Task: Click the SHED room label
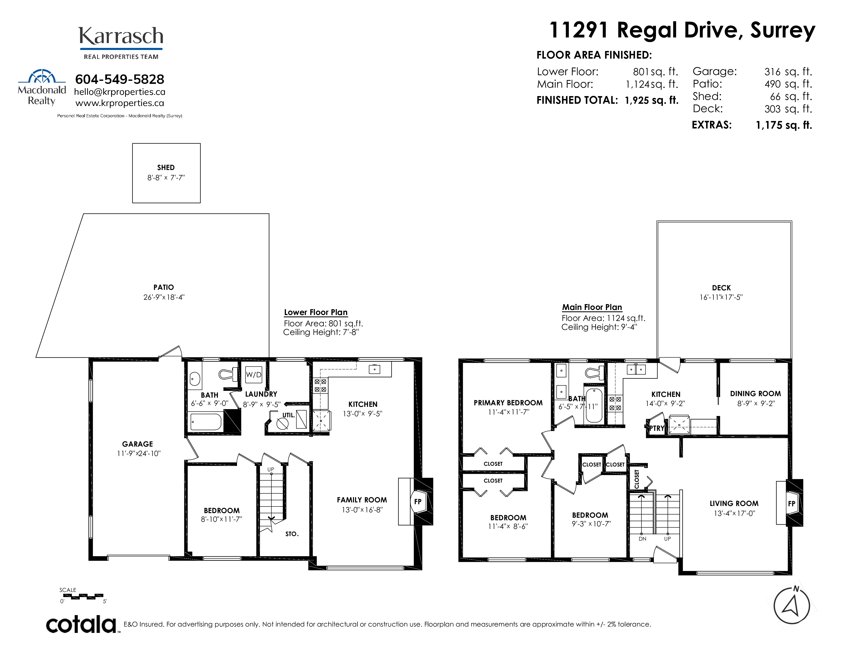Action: (x=166, y=167)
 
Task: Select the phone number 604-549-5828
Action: (x=120, y=79)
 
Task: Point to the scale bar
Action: (x=83, y=596)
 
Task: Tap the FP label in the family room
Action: (x=418, y=502)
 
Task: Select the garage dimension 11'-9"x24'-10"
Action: (x=139, y=454)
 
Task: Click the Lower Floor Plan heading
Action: (x=316, y=312)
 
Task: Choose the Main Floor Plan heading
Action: (x=592, y=307)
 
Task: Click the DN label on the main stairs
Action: (x=642, y=539)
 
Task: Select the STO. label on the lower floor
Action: (x=292, y=534)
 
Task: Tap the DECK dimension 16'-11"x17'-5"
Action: (x=721, y=297)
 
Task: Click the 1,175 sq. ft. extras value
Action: (x=784, y=125)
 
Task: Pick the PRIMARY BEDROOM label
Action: (x=508, y=403)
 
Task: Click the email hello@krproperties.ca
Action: (x=120, y=92)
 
